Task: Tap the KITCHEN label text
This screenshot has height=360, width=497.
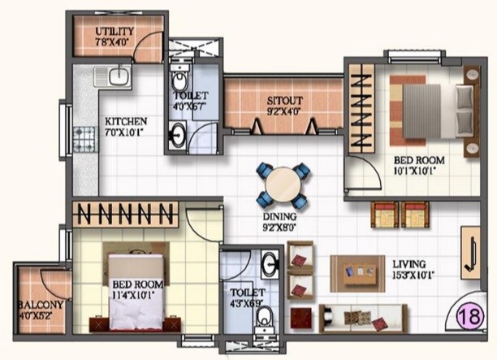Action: click(126, 122)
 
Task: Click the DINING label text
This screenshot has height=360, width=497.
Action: click(279, 218)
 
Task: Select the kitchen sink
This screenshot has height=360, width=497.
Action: click(110, 77)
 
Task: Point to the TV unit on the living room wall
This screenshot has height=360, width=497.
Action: click(469, 252)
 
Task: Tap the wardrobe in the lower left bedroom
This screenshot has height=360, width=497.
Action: click(125, 215)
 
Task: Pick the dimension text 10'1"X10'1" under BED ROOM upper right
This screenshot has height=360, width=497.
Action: click(418, 172)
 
